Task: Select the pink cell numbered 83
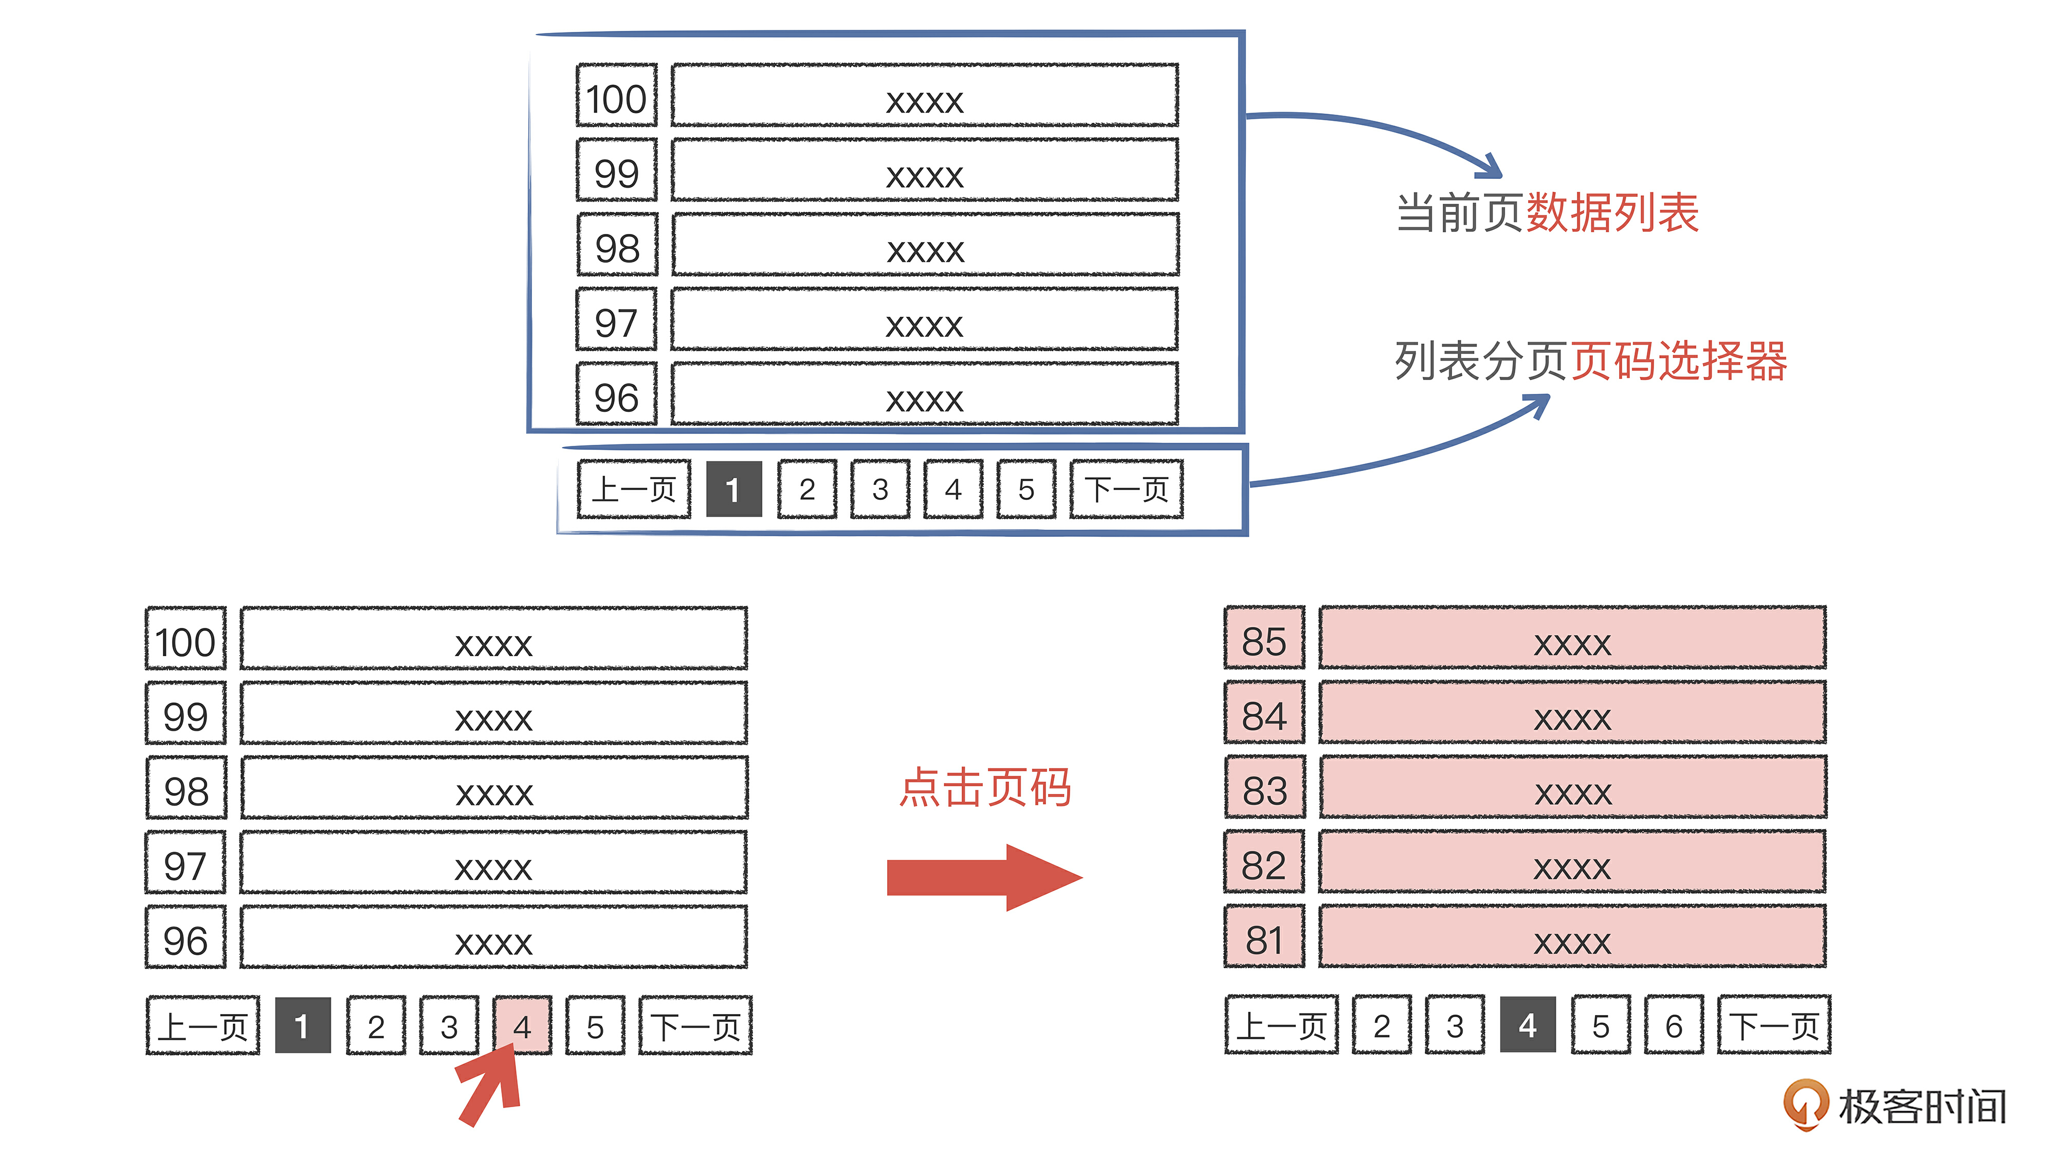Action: click(x=1264, y=789)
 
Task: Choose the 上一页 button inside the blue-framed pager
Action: click(x=634, y=489)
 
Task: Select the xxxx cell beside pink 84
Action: click(x=1571, y=714)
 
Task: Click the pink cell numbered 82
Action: click(x=1264, y=864)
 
